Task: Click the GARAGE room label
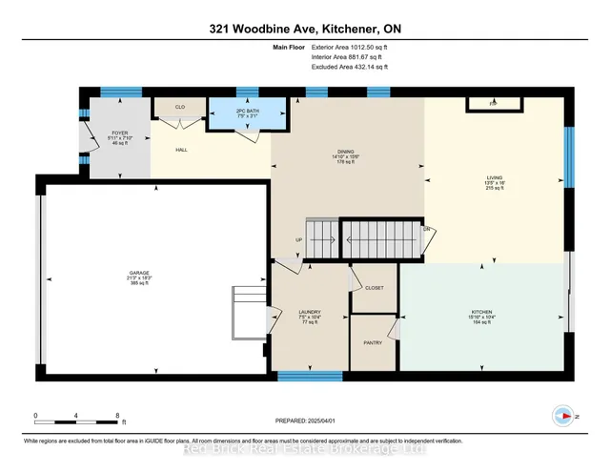(x=140, y=274)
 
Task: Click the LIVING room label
(x=496, y=177)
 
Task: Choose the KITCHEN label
(x=481, y=312)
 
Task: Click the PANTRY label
(x=373, y=341)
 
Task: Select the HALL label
(x=182, y=150)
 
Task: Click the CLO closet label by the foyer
(x=180, y=107)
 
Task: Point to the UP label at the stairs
(x=298, y=240)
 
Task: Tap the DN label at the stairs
(x=428, y=230)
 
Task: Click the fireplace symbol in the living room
(x=493, y=102)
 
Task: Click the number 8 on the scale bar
(x=117, y=416)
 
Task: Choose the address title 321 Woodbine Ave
(x=304, y=30)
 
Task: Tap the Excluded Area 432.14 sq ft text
(x=350, y=68)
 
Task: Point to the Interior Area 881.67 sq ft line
(x=349, y=57)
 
